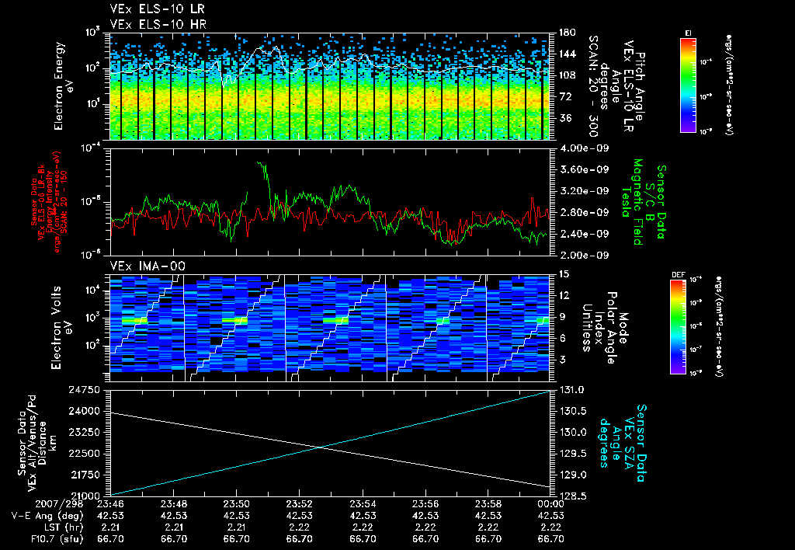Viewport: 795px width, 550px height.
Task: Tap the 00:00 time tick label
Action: pyautogui.click(x=550, y=503)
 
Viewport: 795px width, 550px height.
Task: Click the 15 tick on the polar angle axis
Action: pyautogui.click(x=563, y=273)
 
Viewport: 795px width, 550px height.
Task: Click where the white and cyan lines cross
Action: pyautogui.click(x=321, y=446)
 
